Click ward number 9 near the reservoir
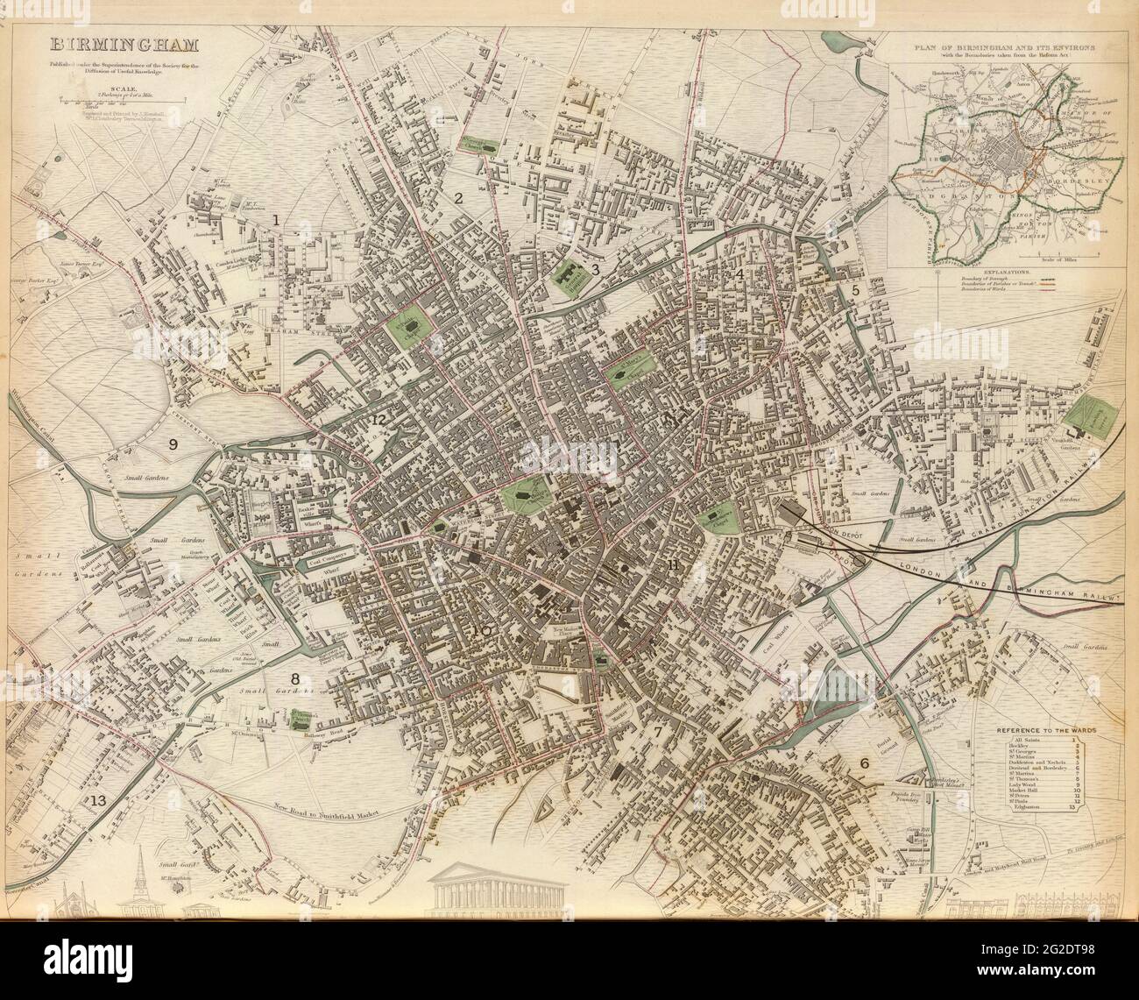173,444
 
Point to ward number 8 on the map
295,678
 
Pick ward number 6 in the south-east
865,763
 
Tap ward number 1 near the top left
276,220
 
